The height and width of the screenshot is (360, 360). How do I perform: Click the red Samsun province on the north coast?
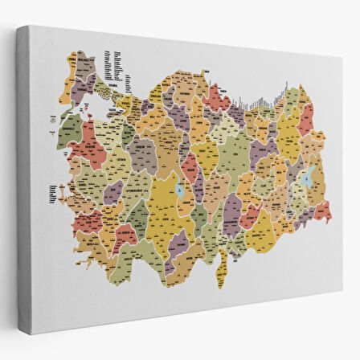click(x=215, y=94)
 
